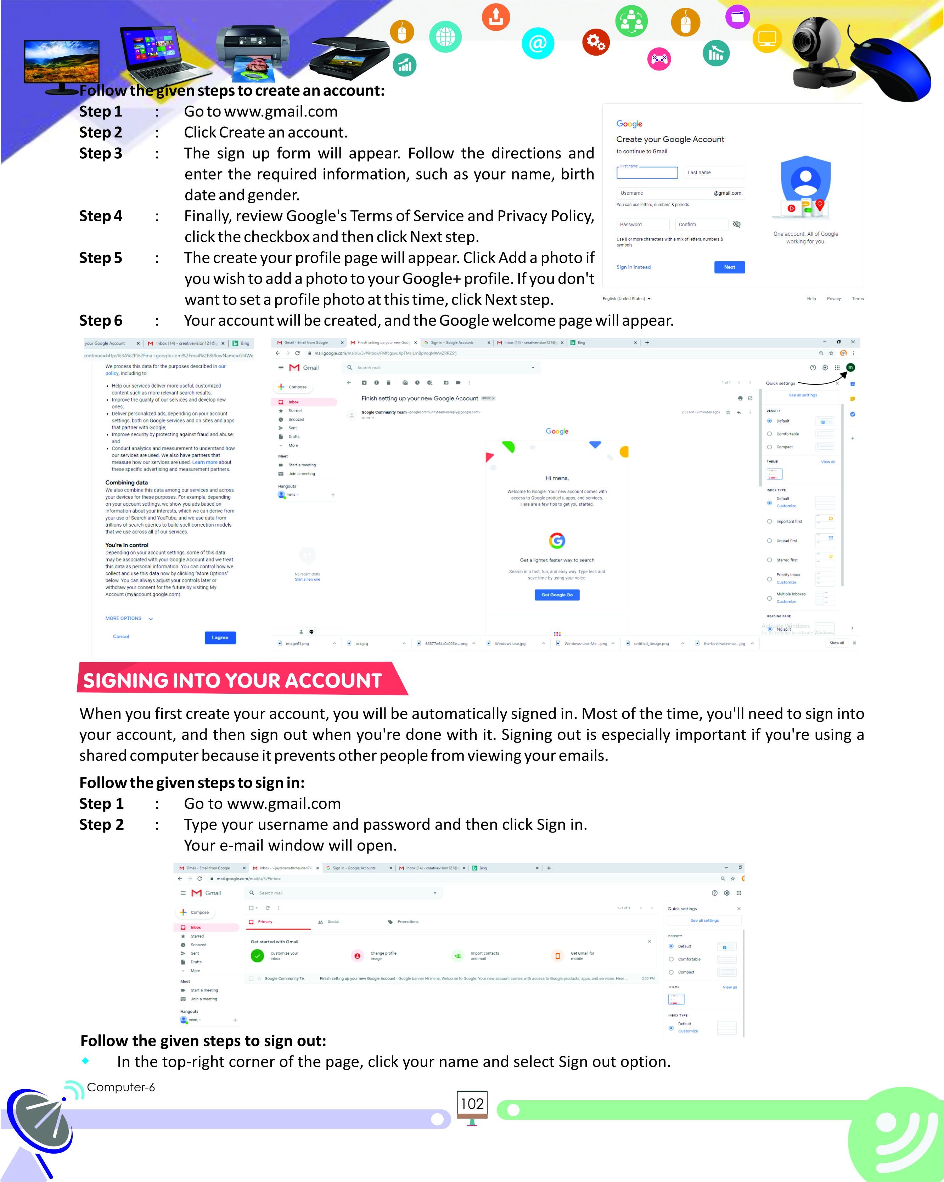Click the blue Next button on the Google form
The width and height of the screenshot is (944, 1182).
729,267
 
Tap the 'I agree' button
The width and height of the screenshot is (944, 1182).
220,638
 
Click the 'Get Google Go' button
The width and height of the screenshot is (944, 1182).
557,595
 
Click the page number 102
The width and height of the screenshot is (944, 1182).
472,1104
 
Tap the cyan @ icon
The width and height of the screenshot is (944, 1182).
538,43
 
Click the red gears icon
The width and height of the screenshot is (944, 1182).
596,42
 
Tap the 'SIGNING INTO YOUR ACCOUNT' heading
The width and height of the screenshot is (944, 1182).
232,680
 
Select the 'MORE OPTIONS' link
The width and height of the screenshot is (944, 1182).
124,618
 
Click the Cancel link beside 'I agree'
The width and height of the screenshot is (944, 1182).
121,637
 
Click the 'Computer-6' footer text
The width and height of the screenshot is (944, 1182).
121,1087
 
